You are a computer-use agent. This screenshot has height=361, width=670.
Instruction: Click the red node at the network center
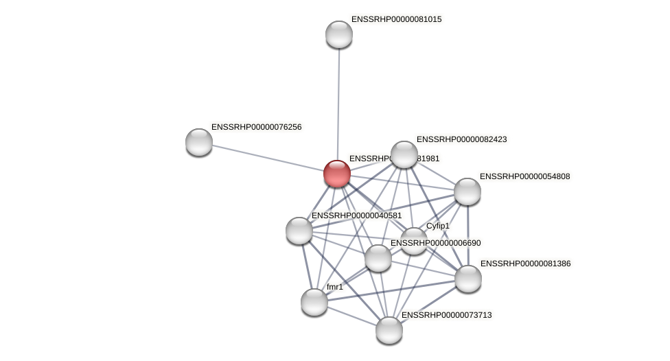[x=337, y=174]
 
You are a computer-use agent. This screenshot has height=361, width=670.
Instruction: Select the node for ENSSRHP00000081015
[x=339, y=34]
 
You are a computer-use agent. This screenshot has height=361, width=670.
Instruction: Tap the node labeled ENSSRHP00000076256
[x=199, y=142]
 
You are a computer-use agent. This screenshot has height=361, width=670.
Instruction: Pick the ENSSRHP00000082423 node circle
[x=404, y=154]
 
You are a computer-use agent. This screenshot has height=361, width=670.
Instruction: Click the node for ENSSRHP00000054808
[x=467, y=191]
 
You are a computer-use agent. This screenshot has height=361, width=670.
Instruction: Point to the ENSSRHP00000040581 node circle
[x=299, y=231]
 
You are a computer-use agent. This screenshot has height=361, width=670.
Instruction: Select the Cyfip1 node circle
[x=414, y=241]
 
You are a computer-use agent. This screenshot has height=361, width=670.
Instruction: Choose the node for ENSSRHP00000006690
[x=378, y=258]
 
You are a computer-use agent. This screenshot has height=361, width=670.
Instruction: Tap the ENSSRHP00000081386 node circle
[x=468, y=279]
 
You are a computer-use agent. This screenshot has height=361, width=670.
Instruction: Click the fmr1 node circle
[x=314, y=302]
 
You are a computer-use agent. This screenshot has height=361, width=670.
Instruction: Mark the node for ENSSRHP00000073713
[x=389, y=330]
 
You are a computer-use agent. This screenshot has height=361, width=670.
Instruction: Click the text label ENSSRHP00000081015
[x=396, y=19]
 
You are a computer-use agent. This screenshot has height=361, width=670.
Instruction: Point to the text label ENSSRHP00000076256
[x=256, y=127]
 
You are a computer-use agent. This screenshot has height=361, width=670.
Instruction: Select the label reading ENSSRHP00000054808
[x=524, y=176]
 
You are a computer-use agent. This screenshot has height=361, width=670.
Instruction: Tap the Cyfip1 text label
[x=437, y=226]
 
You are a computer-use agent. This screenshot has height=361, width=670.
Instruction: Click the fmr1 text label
[x=335, y=287]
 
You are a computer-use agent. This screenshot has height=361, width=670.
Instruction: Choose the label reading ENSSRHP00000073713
[x=446, y=315]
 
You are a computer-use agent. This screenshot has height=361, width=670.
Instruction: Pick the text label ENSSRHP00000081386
[x=525, y=264]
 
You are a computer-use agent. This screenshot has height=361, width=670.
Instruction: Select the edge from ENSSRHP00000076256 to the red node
[x=268, y=158]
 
